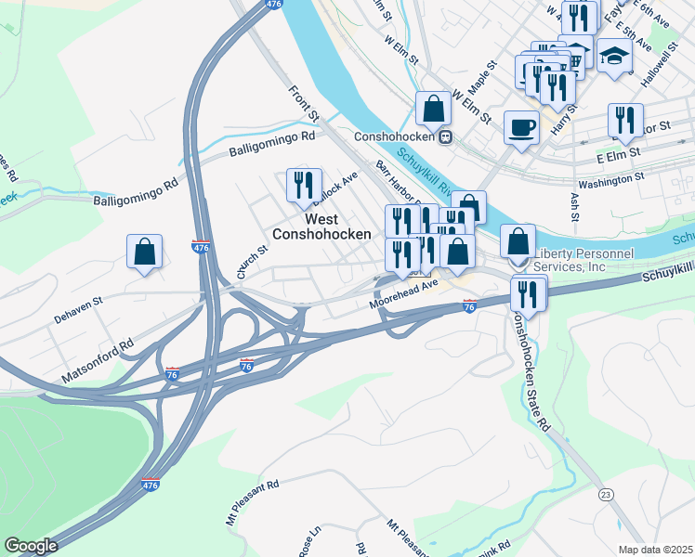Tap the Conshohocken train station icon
[446, 136]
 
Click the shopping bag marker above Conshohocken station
[434, 108]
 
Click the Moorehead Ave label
[402, 301]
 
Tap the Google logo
[31, 546]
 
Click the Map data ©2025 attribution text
[655, 550]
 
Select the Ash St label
[574, 207]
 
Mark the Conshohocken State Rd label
[528, 370]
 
